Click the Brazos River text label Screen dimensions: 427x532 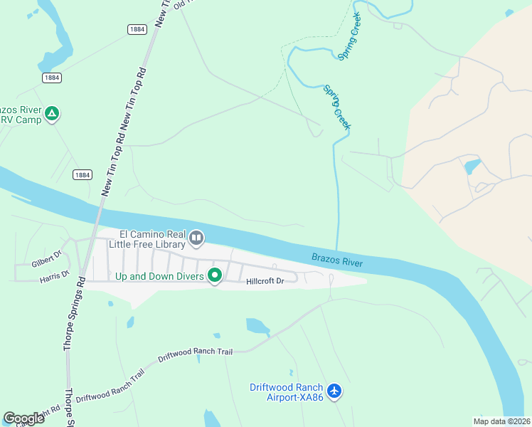[337, 260]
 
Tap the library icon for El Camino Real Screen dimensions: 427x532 [196, 238]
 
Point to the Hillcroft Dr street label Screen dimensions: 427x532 [265, 281]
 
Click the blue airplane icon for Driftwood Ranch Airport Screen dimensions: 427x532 [336, 391]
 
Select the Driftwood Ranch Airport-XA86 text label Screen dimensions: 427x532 [287, 392]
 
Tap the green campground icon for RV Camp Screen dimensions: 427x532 [52, 113]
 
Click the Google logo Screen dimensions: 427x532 [24, 418]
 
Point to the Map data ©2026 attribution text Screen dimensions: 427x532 [501, 421]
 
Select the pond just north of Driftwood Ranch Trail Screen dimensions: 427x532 [257, 327]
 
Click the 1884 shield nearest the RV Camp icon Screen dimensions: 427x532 [51, 78]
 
